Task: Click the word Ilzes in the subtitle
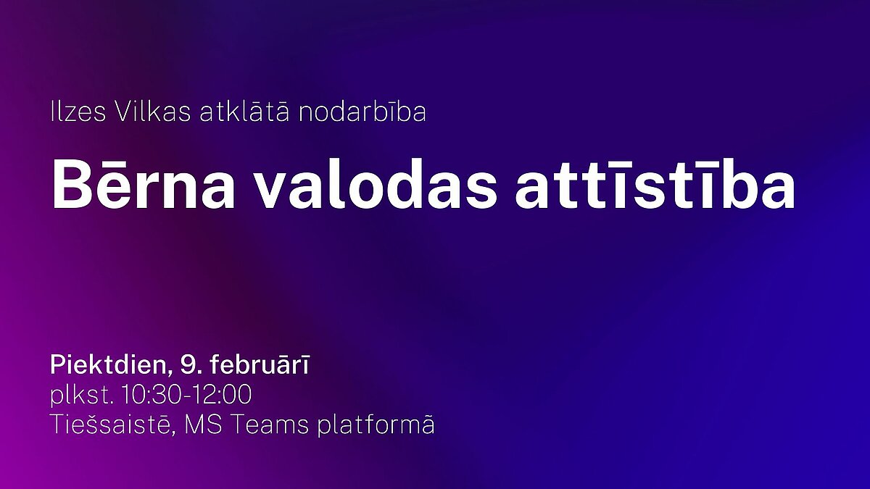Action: click(x=78, y=112)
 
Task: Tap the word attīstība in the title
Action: click(x=655, y=184)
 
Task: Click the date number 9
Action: click(x=186, y=365)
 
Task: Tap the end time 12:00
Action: click(x=222, y=395)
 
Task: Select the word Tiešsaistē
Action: click(x=111, y=425)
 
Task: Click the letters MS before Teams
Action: click(x=203, y=425)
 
